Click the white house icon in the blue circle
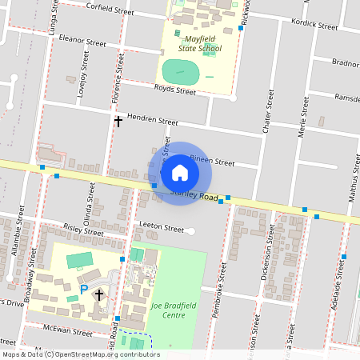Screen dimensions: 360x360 [180, 173]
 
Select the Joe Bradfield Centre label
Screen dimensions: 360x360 [168, 310]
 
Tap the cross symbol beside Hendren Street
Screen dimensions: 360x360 [118, 122]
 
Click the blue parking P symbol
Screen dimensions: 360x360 [83, 290]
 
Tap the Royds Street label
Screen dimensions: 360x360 [174, 90]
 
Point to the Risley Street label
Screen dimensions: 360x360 [83, 230]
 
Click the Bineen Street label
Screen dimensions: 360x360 [212, 162]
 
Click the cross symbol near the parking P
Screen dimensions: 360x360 [99, 295]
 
